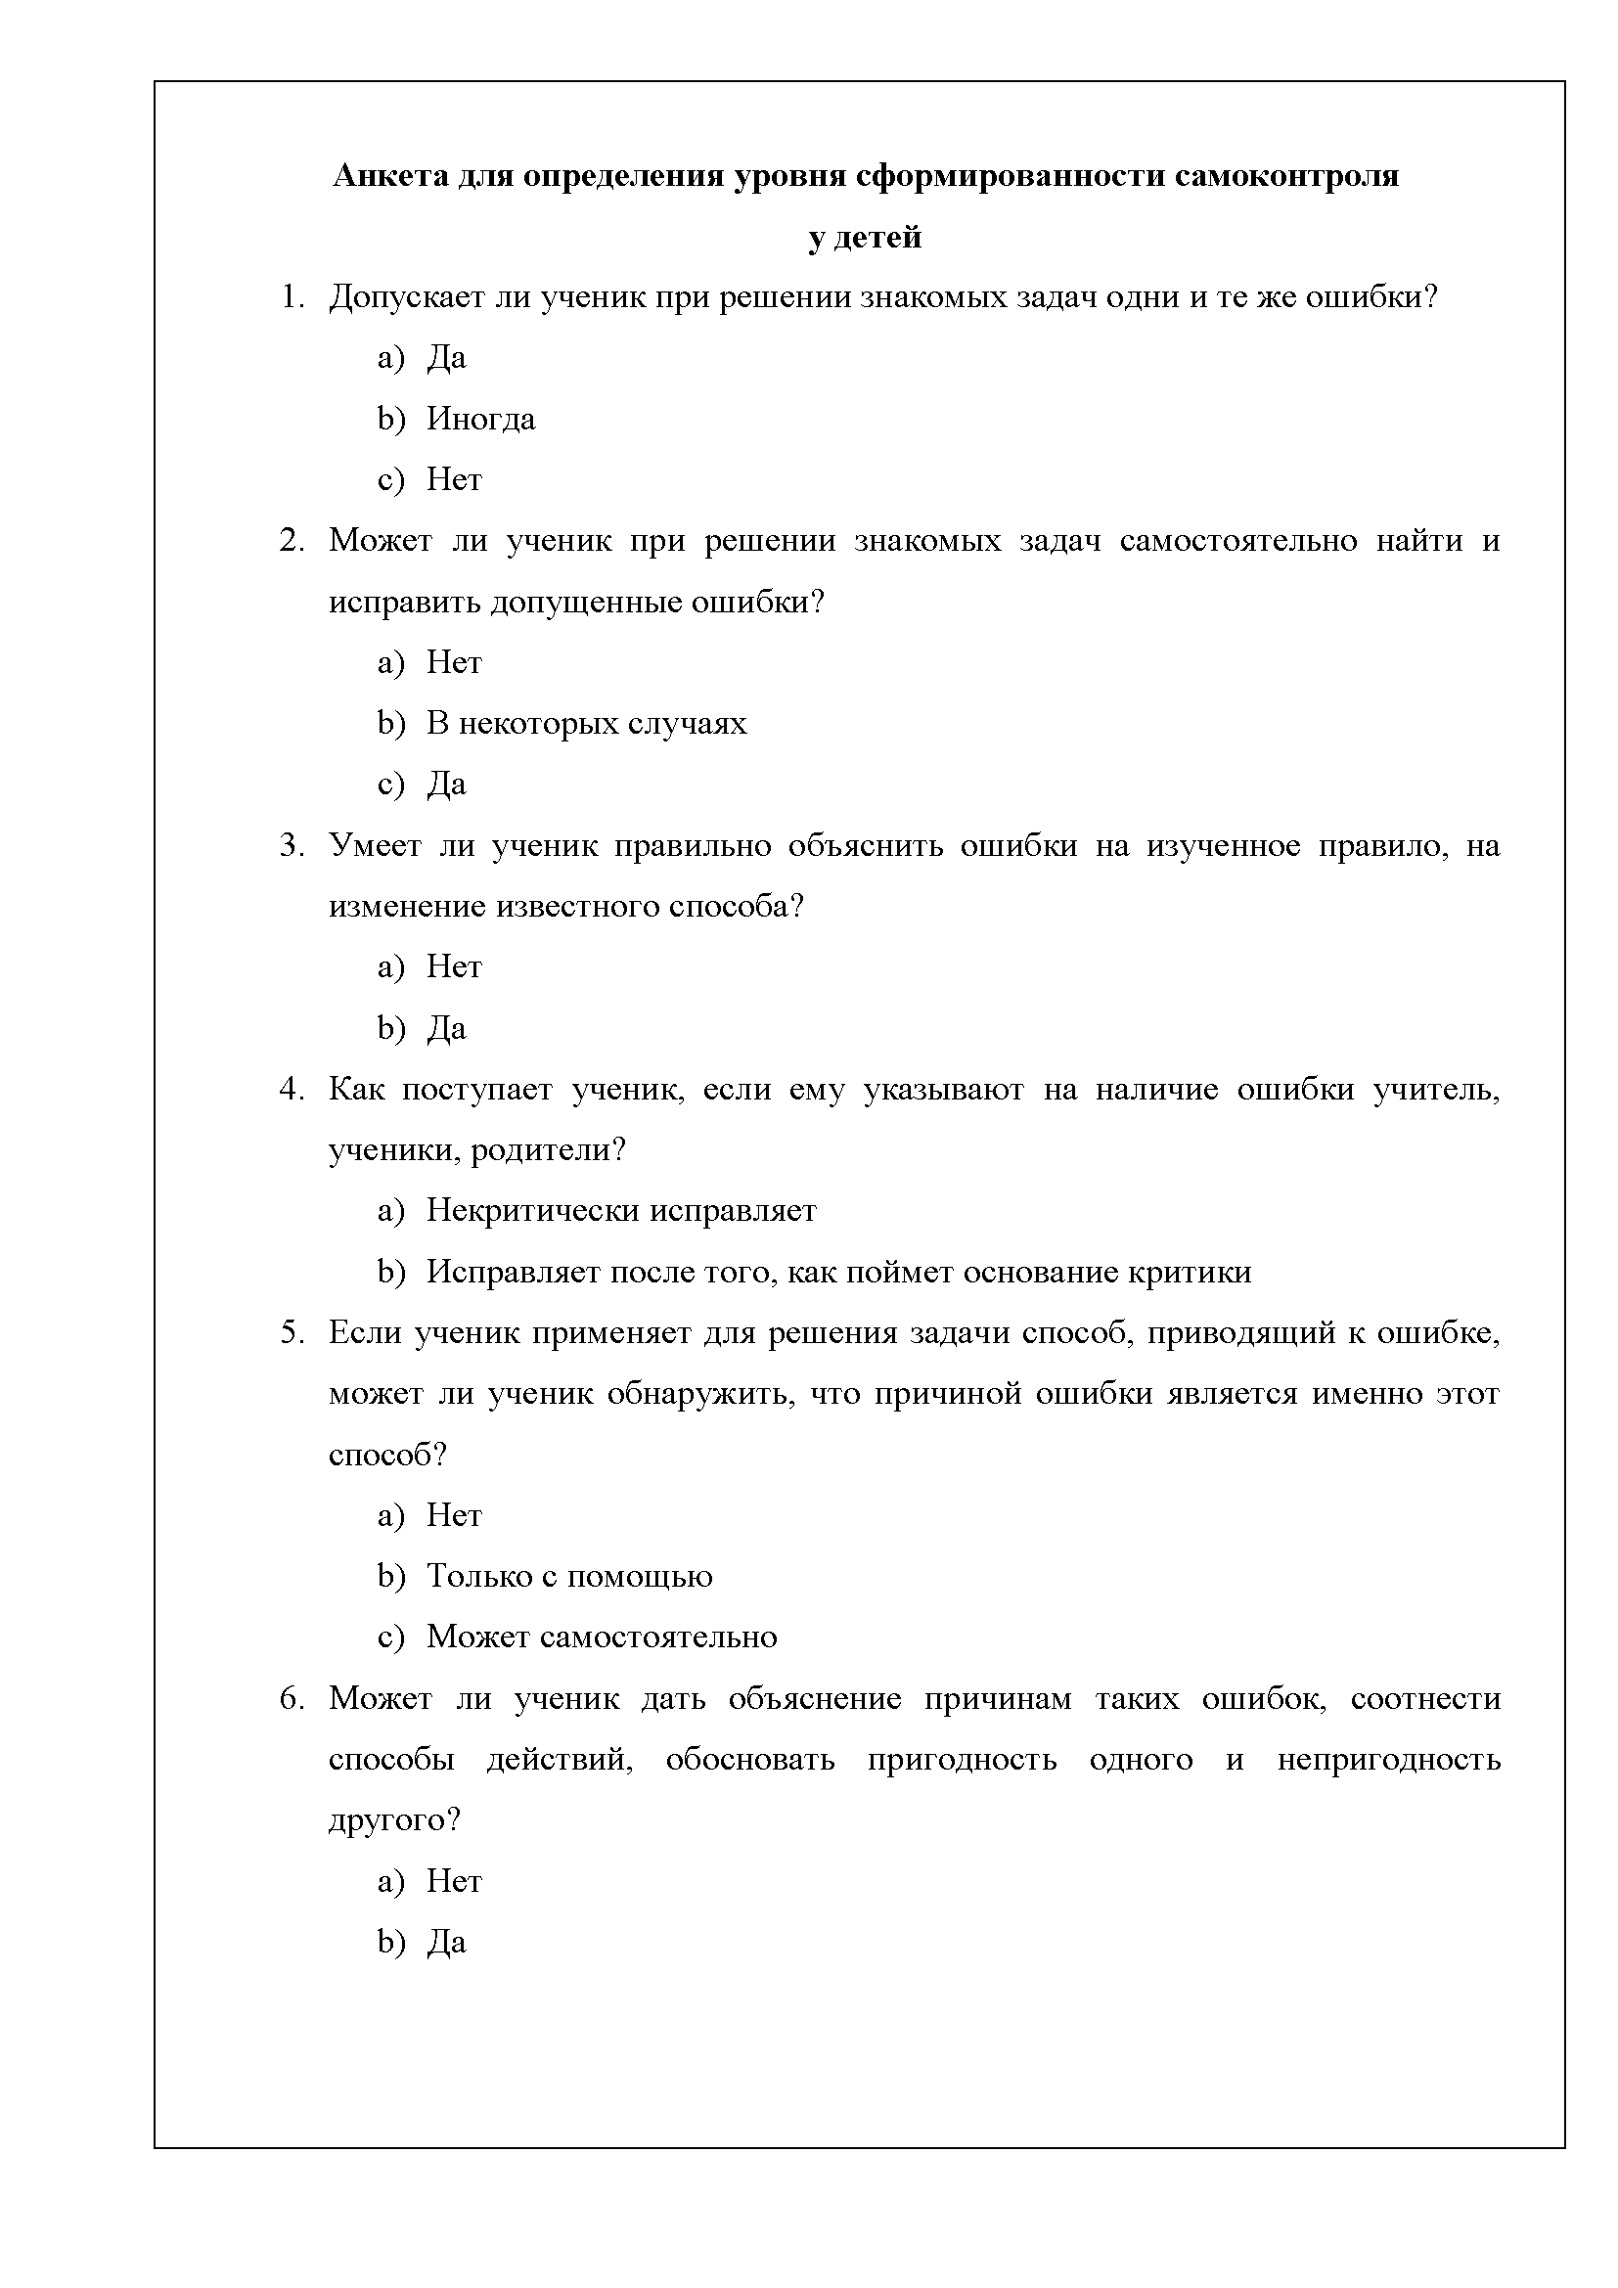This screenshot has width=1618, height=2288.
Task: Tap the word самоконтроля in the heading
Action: click(1286, 176)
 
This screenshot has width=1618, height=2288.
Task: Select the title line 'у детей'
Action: click(864, 237)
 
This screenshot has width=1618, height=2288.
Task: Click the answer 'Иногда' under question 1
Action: click(480, 420)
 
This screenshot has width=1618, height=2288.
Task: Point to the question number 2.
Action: click(291, 541)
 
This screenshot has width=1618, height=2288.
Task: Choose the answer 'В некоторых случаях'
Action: click(586, 724)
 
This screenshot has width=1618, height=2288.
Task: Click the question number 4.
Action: click(291, 1089)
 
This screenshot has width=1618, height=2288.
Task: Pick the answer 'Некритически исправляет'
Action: click(621, 1211)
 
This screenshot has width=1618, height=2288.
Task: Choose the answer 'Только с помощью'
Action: click(569, 1577)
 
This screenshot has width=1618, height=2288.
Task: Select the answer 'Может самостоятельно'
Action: click(602, 1637)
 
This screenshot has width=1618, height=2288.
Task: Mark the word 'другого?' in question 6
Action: click(394, 1820)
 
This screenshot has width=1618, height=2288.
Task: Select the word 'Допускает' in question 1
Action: click(402, 298)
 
